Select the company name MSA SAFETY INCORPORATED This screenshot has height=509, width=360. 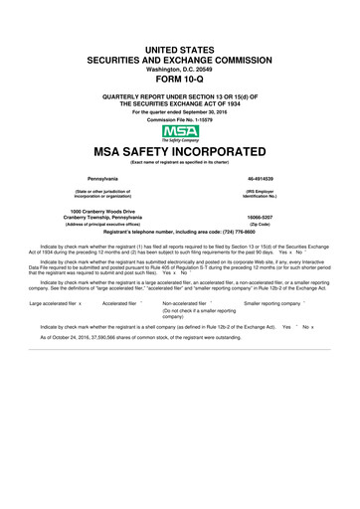(180, 152)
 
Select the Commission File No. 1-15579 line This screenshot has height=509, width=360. (180, 119)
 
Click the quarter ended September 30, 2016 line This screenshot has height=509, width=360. (180, 111)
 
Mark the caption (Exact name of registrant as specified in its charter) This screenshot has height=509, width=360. (180, 162)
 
